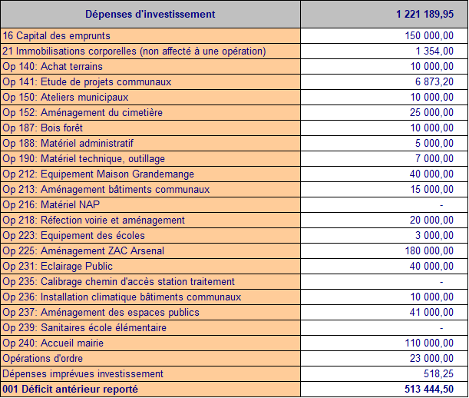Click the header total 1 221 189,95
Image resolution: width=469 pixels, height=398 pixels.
pos(424,14)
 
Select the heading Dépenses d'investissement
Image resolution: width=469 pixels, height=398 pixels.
pos(150,14)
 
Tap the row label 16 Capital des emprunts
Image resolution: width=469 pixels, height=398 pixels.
pos(56,35)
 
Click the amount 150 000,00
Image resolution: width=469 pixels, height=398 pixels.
pos(429,35)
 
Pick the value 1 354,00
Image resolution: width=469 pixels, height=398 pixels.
pos(434,51)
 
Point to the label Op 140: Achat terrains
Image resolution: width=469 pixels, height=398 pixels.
pos(52,67)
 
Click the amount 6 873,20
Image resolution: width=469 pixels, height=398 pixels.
pos(434,81)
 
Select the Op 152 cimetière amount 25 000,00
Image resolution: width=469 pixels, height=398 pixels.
pos(431,113)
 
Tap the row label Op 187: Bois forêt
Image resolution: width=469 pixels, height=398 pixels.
pos(42,128)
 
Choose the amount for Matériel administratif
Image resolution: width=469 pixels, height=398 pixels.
pos(434,143)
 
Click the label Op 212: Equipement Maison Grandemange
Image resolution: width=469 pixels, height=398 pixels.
pos(98,174)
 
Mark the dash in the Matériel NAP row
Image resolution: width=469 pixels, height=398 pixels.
pos(441,205)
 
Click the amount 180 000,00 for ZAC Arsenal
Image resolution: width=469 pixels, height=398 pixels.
pos(429,250)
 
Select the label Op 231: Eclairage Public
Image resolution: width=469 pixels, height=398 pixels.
pos(58,267)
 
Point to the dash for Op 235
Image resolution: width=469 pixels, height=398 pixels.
pos(441,282)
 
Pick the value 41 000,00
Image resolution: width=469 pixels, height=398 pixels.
pos(431,313)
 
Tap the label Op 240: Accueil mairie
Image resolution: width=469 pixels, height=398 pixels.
pos(53,343)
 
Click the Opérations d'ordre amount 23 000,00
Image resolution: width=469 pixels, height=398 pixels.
pos(431,359)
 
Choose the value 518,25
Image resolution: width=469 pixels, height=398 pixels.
pos(438,373)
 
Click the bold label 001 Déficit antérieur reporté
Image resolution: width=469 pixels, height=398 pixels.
pos(71,390)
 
